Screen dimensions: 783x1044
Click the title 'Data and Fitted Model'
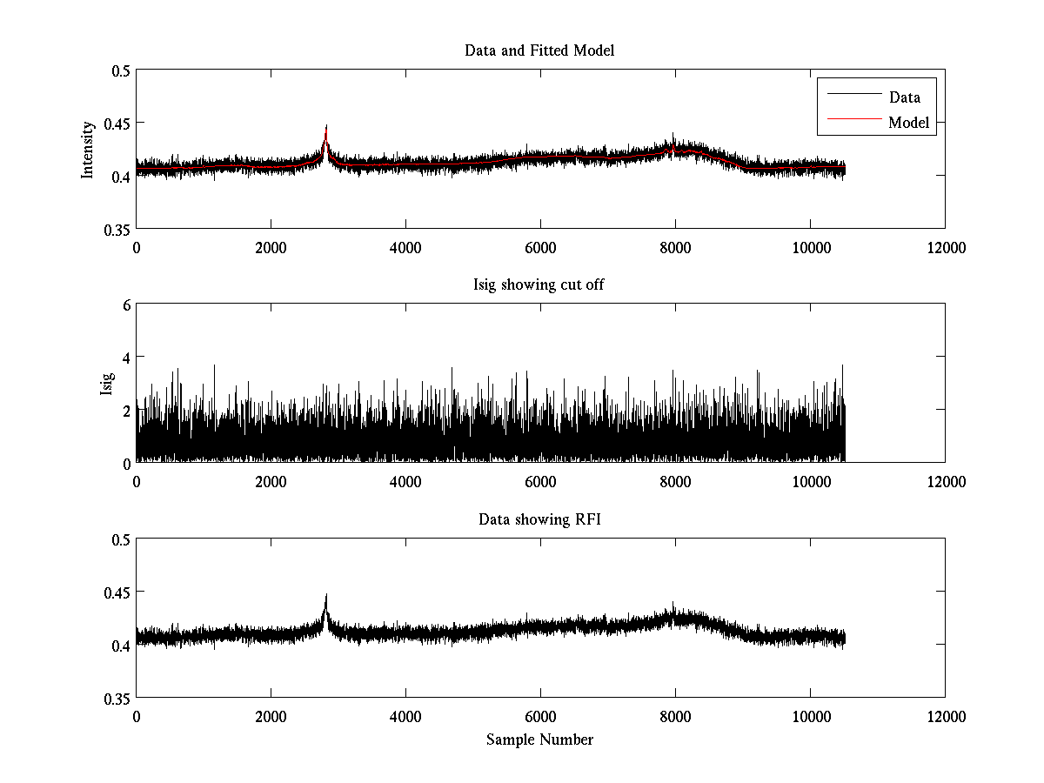click(539, 50)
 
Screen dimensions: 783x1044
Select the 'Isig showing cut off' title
click(539, 285)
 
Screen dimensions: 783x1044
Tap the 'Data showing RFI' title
click(539, 520)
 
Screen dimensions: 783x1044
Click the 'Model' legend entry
click(908, 123)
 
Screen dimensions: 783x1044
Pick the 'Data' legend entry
click(904, 97)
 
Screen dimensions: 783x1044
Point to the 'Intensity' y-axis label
click(87, 149)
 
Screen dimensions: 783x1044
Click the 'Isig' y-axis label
click(106, 384)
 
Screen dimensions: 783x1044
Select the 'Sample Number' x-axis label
click(539, 739)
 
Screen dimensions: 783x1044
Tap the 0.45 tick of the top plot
click(117, 123)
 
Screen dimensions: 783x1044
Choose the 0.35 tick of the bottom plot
click(117, 698)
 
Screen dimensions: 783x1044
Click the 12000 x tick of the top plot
click(945, 248)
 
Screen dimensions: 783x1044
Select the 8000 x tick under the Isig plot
click(675, 482)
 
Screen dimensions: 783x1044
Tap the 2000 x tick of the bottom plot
click(271, 717)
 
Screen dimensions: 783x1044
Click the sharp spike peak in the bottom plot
click(326, 596)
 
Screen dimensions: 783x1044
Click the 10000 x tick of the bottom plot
click(810, 717)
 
